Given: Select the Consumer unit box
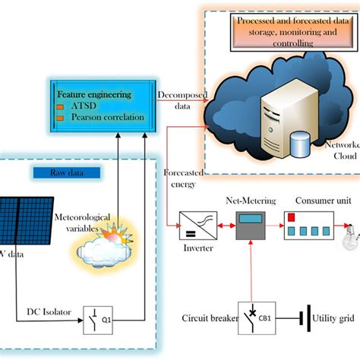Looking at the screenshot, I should (308, 226).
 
